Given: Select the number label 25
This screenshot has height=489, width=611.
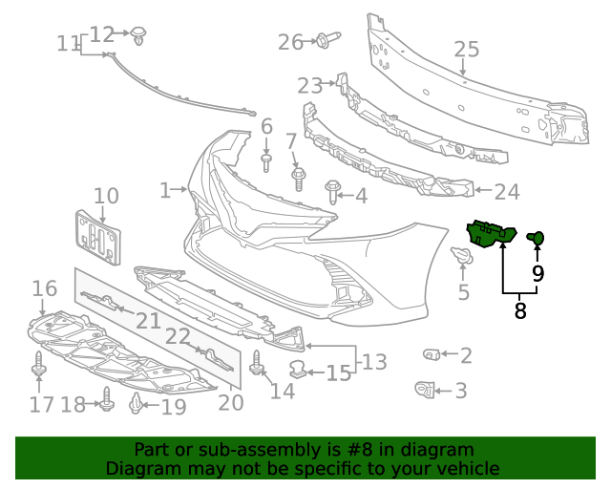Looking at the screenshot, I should click(x=466, y=49).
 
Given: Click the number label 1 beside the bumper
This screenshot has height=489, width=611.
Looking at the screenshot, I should click(x=165, y=190).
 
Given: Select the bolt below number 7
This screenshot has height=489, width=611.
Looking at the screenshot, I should click(x=298, y=178).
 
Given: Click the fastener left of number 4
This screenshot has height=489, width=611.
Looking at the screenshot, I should click(x=333, y=191).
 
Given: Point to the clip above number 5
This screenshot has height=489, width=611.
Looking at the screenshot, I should click(x=462, y=256).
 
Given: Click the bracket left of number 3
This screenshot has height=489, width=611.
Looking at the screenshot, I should click(x=424, y=389).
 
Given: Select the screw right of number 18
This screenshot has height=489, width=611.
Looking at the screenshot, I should click(x=107, y=404).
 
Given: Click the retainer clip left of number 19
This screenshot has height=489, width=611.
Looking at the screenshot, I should click(x=137, y=406).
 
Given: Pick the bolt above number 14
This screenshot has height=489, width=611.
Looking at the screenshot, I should click(x=257, y=364).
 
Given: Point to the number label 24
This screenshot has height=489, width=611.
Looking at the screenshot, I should click(x=506, y=192).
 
